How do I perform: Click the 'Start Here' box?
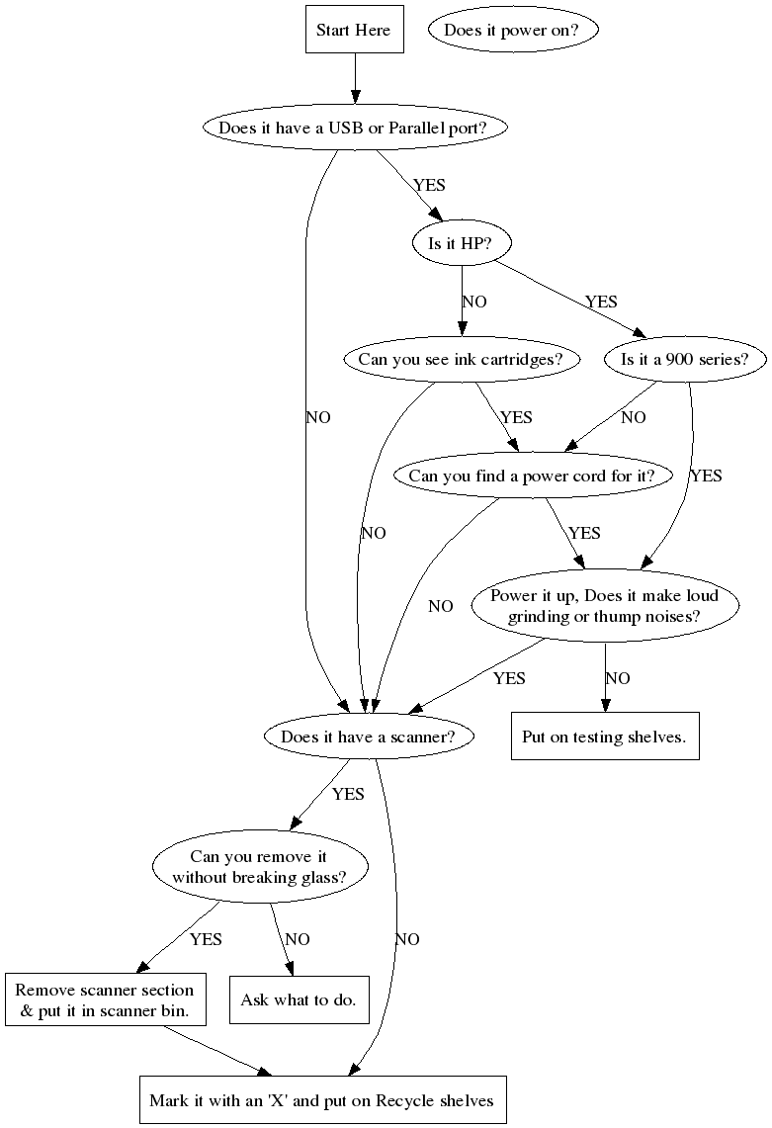point(353,30)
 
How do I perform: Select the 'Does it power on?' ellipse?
point(514,30)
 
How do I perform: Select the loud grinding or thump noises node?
point(605,606)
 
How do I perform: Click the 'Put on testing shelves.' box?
point(604,737)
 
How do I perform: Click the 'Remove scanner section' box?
point(104,999)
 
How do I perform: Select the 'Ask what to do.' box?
point(299,999)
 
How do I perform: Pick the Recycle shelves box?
point(322,1099)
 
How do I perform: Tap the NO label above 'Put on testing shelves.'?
point(617,678)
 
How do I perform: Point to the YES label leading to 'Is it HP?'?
point(429,185)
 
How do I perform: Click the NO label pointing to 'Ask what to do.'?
point(297,939)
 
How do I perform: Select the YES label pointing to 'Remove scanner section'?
point(206,939)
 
